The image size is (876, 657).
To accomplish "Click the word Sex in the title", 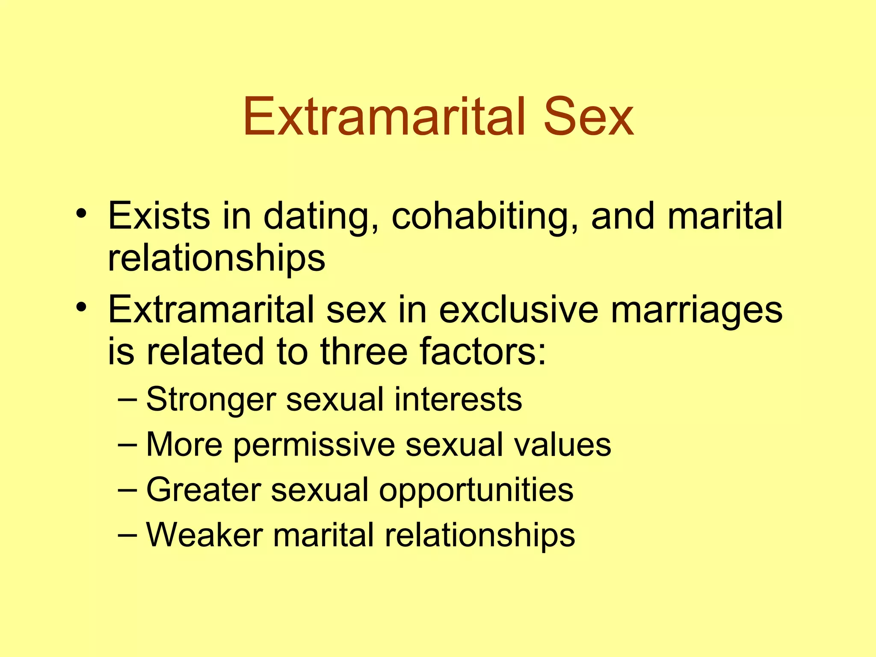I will click(588, 116).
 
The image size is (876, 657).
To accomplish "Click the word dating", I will click(321, 216).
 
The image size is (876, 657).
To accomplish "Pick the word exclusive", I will click(518, 309).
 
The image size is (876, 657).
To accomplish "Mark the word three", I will click(364, 351).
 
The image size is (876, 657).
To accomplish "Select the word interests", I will click(458, 399).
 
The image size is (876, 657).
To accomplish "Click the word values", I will click(562, 445).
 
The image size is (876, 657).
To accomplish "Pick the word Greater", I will click(204, 490).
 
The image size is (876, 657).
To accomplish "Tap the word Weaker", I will click(204, 535).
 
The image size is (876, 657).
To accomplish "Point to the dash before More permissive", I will click(127, 445).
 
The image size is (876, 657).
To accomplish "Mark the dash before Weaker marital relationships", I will click(127, 535).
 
